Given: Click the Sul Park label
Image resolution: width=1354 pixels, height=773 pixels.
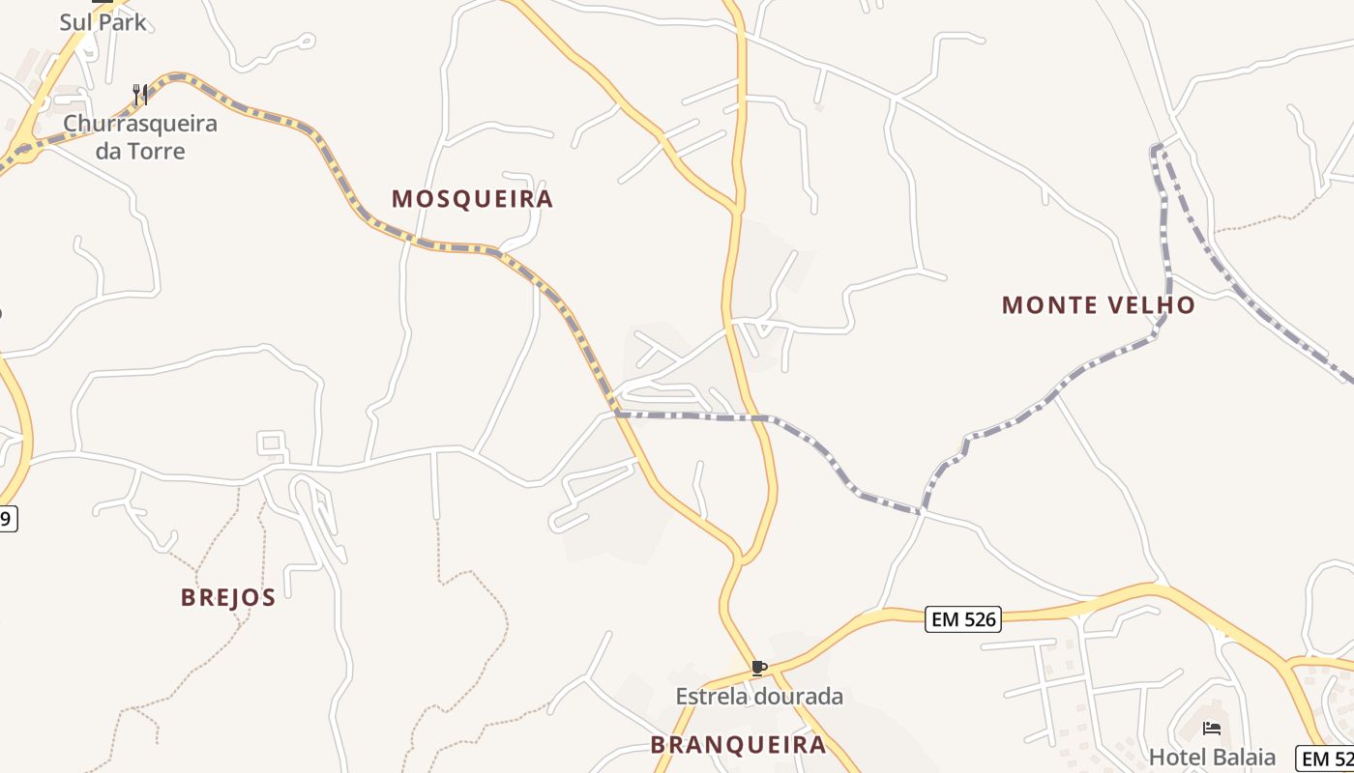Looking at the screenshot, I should tap(103, 21).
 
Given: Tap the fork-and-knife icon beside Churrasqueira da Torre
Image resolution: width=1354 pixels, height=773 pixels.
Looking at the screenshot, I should tap(141, 95).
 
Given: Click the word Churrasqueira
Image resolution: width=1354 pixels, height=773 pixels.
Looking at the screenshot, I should tap(140, 124).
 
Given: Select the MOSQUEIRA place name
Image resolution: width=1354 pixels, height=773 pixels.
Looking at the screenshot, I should tap(472, 199).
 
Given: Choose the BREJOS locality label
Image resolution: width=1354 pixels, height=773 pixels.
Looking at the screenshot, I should tap(228, 597).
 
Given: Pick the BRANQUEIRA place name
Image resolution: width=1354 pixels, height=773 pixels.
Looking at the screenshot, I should tap(738, 745).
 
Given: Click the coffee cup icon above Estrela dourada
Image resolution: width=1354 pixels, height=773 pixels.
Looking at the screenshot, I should tap(759, 668).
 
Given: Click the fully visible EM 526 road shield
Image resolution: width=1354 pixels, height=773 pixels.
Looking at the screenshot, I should tap(962, 619).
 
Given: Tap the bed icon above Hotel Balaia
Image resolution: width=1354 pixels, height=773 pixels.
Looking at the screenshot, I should tap(1211, 729).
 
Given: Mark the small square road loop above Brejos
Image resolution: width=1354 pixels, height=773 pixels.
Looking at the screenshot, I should tap(272, 444).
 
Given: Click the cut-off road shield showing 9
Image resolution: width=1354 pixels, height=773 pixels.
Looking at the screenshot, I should tap(8, 518).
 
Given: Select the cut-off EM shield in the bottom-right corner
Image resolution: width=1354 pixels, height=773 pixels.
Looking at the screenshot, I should tap(1326, 759).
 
